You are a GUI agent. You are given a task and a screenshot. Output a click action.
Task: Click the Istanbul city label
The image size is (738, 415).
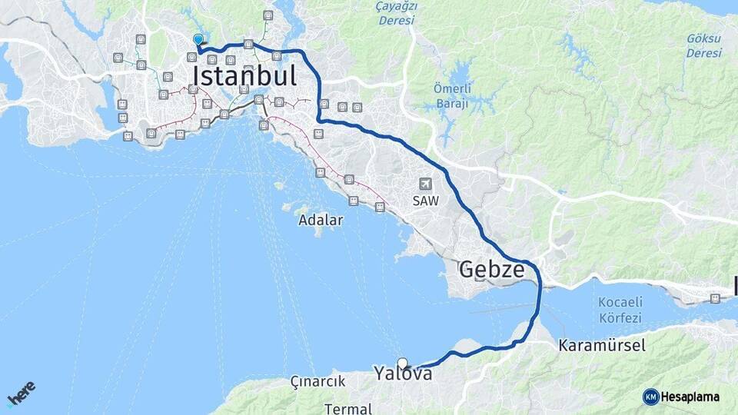click(x=244, y=76)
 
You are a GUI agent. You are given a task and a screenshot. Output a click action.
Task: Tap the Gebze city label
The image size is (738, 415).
click(x=492, y=270)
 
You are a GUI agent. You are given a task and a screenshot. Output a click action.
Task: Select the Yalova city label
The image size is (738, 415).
click(x=403, y=374)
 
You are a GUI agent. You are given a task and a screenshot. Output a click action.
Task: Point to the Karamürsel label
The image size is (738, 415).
click(x=602, y=346)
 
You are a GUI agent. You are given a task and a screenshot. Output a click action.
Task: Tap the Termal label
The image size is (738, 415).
click(x=348, y=408)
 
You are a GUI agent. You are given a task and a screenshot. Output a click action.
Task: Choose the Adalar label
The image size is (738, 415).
click(x=322, y=220)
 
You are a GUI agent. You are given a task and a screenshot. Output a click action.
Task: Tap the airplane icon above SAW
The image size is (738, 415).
click(x=426, y=184)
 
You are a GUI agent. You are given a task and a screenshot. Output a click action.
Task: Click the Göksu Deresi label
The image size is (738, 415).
click(x=704, y=45)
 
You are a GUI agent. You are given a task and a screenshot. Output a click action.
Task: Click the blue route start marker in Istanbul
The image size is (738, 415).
click(x=198, y=40)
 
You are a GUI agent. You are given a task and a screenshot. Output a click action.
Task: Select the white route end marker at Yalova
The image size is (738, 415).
click(x=402, y=363)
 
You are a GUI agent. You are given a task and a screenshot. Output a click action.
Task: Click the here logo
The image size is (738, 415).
click(x=21, y=393)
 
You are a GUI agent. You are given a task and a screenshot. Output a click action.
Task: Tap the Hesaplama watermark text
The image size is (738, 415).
click(x=690, y=397)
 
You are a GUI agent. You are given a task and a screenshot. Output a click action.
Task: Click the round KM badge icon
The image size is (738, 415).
click(x=650, y=397)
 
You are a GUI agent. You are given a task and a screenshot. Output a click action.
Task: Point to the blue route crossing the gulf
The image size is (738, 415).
click(x=539, y=304)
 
